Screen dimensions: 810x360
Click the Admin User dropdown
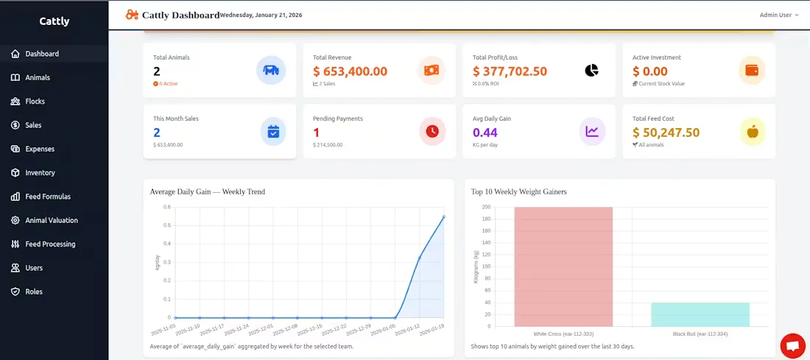pyautogui.click(x=779, y=15)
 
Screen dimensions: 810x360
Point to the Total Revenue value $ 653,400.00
pyautogui.click(x=351, y=71)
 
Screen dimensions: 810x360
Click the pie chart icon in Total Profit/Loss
pyautogui.click(x=591, y=70)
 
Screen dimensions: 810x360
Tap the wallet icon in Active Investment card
pyautogui.click(x=752, y=70)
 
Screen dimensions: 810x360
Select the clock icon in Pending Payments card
pyautogui.click(x=432, y=131)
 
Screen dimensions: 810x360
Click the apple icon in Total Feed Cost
pyautogui.click(x=753, y=131)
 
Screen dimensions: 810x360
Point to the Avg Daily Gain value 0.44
pyautogui.click(x=485, y=133)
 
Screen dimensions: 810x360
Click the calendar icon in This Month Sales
pyautogui.click(x=273, y=131)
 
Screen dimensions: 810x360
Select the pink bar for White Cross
pyautogui.click(x=563, y=267)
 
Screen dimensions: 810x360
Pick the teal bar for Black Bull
pyautogui.click(x=700, y=314)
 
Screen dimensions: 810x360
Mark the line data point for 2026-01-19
pyautogui.click(x=444, y=216)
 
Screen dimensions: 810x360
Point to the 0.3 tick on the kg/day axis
pyautogui.click(x=167, y=262)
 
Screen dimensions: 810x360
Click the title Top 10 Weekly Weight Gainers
pyautogui.click(x=518, y=191)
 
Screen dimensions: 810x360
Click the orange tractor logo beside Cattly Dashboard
pyautogui.click(x=132, y=15)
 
